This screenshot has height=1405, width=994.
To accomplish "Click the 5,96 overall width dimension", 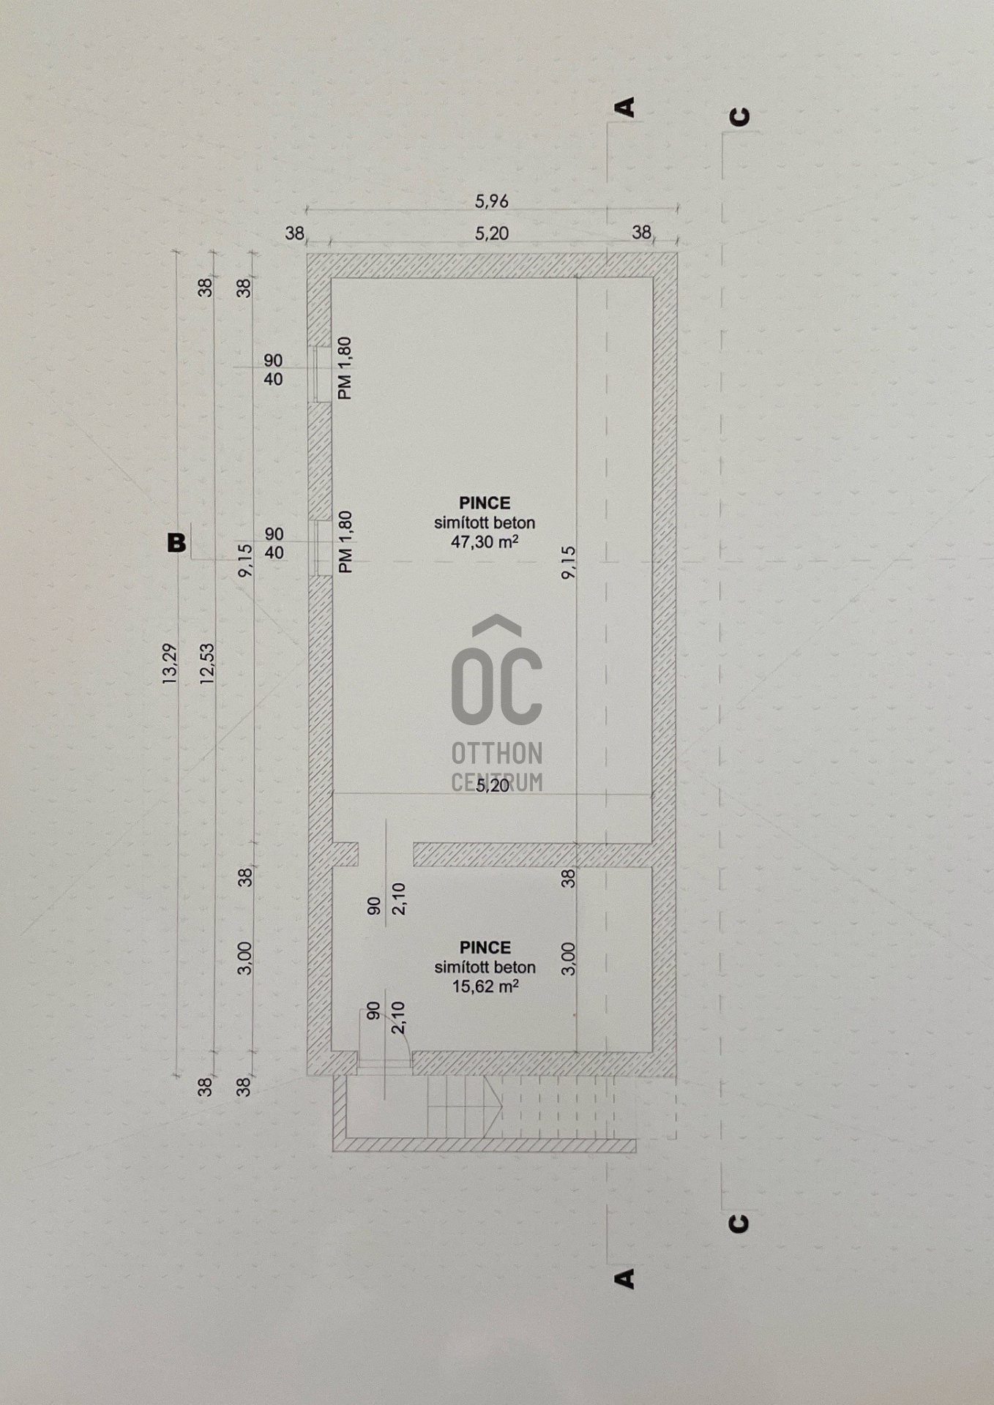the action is point(492,201).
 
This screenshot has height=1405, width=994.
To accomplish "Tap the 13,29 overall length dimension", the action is point(170,663).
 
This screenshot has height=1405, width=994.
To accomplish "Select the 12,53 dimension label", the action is point(207,663).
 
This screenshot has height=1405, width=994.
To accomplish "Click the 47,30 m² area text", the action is point(485,542).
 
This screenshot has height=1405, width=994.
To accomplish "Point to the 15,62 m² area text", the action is point(485,986).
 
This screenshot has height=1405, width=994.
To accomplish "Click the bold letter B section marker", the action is point(176,543).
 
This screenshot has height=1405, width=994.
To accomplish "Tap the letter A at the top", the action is point(626,107).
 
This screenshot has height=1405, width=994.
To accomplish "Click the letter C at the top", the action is point(741,117).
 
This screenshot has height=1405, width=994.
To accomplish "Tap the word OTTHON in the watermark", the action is point(497,753).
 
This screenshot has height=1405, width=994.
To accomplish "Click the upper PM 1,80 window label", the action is point(345,368).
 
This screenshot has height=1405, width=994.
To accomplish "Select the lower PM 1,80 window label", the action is point(345,542).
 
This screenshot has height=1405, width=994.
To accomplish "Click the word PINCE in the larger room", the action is point(485,503).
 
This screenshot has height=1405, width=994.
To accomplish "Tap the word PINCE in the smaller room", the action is point(485,947).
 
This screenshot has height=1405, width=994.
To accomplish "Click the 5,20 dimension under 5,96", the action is point(492,233).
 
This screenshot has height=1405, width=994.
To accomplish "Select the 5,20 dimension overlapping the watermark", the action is point(493,786).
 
